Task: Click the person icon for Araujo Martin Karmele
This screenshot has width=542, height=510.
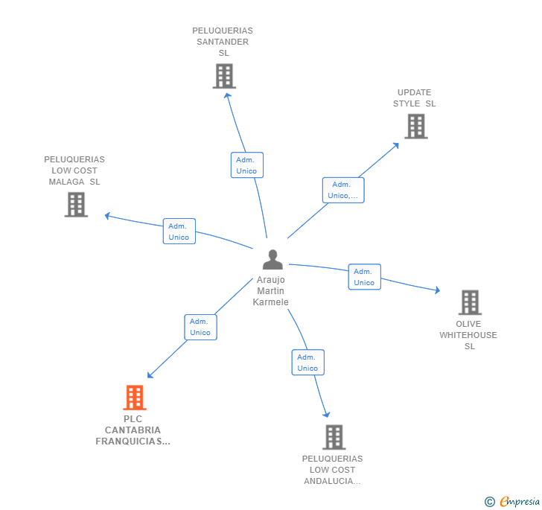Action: click(x=272, y=260)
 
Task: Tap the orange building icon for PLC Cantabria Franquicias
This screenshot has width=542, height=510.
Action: click(x=135, y=398)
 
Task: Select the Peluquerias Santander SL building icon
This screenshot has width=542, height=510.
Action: click(x=224, y=76)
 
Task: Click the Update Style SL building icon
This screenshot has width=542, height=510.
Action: click(x=416, y=127)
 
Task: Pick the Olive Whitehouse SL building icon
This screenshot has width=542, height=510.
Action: click(x=470, y=302)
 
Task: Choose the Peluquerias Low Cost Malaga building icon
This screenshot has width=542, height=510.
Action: click(x=76, y=204)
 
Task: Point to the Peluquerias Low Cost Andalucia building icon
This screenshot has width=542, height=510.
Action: click(x=334, y=437)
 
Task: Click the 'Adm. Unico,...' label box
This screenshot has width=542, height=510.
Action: click(x=343, y=190)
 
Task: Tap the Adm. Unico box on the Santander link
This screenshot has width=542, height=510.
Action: click(x=246, y=165)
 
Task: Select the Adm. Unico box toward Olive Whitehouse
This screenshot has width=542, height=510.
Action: click(x=364, y=277)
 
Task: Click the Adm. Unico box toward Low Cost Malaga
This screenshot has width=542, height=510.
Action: click(x=179, y=232)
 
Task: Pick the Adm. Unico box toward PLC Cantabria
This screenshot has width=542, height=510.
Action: click(x=200, y=327)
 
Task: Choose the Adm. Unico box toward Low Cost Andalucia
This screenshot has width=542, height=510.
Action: click(x=307, y=363)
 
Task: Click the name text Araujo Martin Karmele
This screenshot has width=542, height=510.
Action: click(x=270, y=291)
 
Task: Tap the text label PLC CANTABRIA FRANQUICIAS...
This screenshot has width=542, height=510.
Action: click(x=133, y=430)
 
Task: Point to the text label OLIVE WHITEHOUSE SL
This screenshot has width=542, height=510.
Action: click(x=468, y=335)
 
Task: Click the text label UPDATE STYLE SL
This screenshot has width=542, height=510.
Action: click(x=414, y=98)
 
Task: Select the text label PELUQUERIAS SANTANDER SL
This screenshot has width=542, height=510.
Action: click(x=223, y=42)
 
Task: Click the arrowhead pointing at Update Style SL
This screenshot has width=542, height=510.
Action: click(x=396, y=144)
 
